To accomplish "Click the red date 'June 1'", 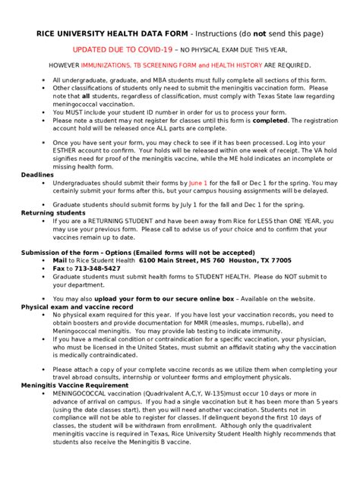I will tap(197, 183).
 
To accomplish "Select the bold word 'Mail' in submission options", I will tap(62, 259).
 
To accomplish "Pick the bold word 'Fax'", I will tap(60, 268).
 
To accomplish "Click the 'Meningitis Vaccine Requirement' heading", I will tap(74, 385).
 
